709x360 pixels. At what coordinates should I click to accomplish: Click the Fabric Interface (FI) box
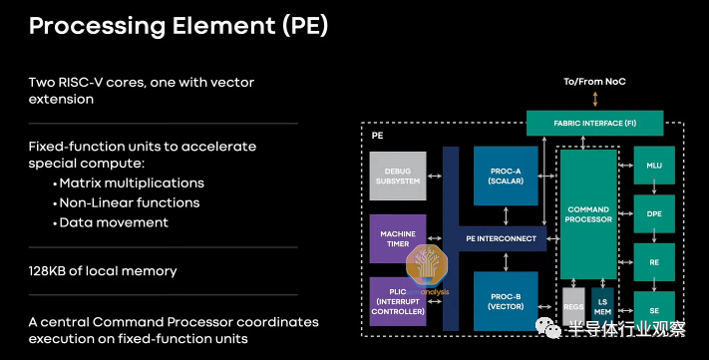(594, 123)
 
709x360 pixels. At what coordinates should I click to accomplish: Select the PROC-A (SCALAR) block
(506, 176)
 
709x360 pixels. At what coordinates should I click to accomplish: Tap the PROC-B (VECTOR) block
(506, 301)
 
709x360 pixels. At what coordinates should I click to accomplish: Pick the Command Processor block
(588, 214)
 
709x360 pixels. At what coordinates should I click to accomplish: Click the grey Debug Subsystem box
(398, 176)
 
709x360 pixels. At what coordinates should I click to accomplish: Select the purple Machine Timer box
(398, 238)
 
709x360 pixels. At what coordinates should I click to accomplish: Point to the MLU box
(654, 166)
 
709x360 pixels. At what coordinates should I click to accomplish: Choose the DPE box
(654, 214)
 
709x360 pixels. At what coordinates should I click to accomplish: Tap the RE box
(654, 262)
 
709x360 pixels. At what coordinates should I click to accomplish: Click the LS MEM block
(602, 306)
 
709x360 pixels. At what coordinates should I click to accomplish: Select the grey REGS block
(573, 306)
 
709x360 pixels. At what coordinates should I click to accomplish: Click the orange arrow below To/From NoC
(595, 99)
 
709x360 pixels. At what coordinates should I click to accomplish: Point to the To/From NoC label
(594, 82)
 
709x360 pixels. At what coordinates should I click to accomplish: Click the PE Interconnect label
(501, 238)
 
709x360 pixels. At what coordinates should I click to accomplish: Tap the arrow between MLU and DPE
(654, 189)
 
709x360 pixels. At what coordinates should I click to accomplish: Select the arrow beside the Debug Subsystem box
(435, 176)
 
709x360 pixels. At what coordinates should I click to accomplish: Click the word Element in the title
(223, 26)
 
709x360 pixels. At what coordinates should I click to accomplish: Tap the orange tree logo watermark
(427, 266)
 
